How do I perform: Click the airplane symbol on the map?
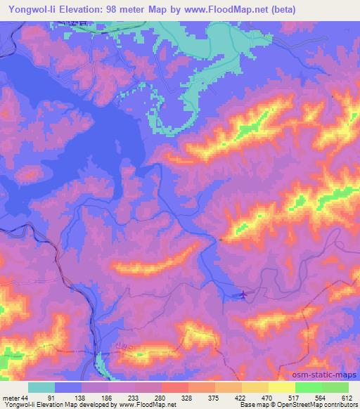(243, 294)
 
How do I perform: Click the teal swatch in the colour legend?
(41, 388)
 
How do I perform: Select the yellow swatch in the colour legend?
(281, 388)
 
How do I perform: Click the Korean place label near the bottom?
(114, 346)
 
